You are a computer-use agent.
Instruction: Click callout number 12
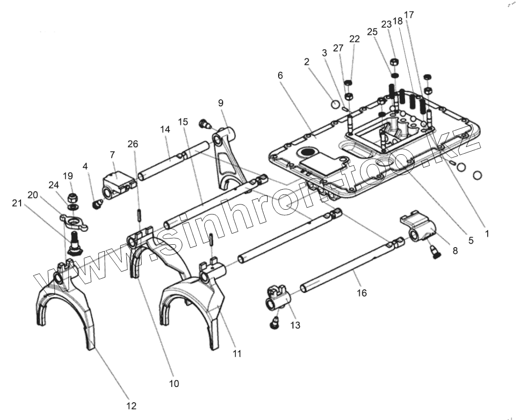pyautogui.click(x=131, y=406)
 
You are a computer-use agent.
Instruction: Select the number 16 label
pyautogui.click(x=362, y=293)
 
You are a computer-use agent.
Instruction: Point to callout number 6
pyautogui.click(x=280, y=76)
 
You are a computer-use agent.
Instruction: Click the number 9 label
pyautogui.click(x=221, y=103)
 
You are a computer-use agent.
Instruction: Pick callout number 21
pyautogui.click(x=17, y=204)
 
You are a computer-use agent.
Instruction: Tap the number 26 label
pyautogui.click(x=133, y=143)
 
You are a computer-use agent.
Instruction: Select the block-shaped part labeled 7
pyautogui.click(x=117, y=184)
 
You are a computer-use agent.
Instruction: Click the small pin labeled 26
pyautogui.click(x=138, y=214)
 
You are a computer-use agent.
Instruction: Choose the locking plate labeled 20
pyautogui.click(x=73, y=221)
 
